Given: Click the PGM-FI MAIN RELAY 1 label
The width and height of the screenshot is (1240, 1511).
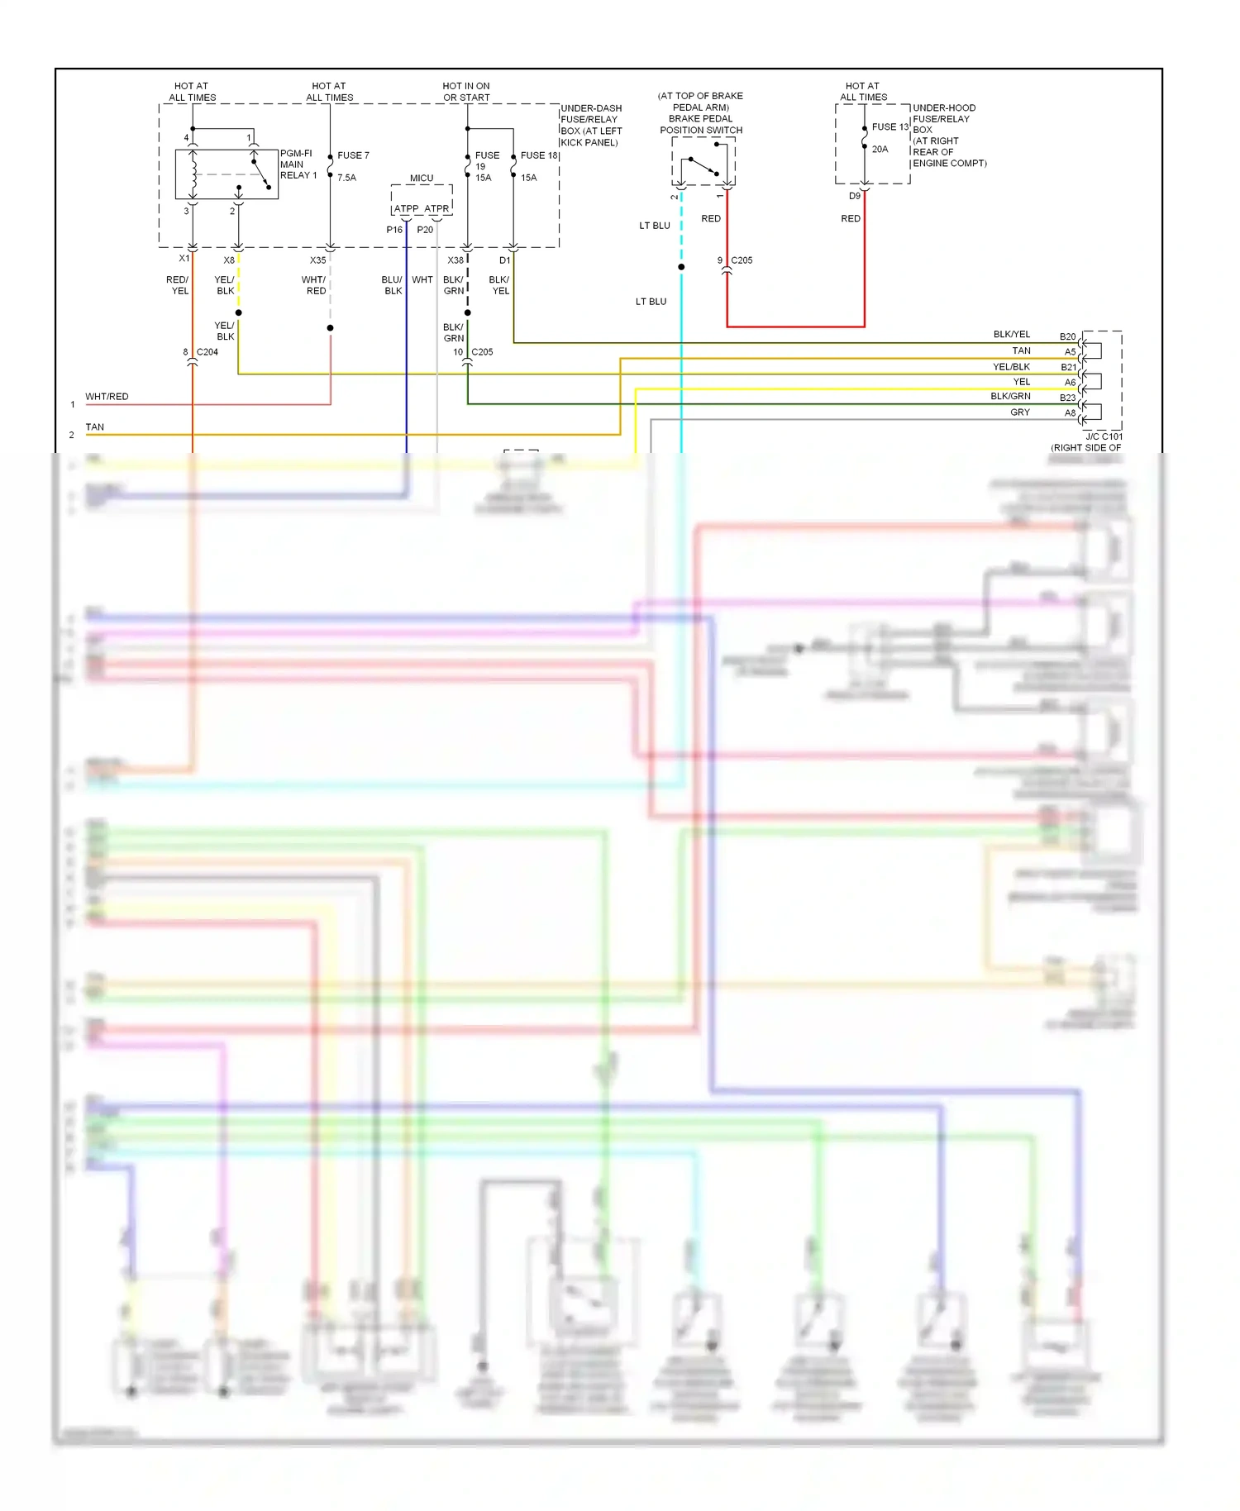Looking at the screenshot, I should click(298, 164).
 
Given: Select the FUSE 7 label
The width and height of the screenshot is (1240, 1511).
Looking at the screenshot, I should click(353, 155).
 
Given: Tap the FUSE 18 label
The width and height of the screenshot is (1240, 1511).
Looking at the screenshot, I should click(539, 155).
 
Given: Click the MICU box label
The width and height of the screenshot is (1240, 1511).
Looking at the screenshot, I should click(422, 179).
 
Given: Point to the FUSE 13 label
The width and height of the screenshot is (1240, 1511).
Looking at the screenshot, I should click(889, 126).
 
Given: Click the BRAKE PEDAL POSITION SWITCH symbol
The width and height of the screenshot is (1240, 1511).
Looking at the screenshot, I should click(703, 162).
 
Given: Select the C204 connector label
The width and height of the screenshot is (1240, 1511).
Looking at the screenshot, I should click(207, 352).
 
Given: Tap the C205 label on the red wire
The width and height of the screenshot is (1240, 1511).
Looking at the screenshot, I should click(742, 260).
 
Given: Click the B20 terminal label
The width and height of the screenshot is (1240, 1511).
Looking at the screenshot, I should click(1067, 336).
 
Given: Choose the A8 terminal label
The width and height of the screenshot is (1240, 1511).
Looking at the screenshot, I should click(1070, 413).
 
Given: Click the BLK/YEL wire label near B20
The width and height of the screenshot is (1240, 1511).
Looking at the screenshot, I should click(1012, 335).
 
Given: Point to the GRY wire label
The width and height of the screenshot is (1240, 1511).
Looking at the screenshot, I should click(1020, 412).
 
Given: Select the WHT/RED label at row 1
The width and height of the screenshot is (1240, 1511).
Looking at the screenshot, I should click(107, 397).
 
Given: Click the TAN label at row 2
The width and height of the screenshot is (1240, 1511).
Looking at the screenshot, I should click(95, 427).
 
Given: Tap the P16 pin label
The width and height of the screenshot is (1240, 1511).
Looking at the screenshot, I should click(394, 230).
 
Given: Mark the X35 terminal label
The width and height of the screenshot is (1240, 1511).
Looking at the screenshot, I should click(317, 260).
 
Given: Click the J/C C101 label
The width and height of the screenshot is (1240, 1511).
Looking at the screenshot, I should click(1104, 436).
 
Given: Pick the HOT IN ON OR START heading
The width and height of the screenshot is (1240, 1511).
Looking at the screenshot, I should click(466, 92).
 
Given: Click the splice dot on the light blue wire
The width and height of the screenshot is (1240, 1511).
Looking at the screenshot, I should click(681, 267).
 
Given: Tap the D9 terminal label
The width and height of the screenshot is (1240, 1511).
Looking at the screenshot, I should click(855, 197).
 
